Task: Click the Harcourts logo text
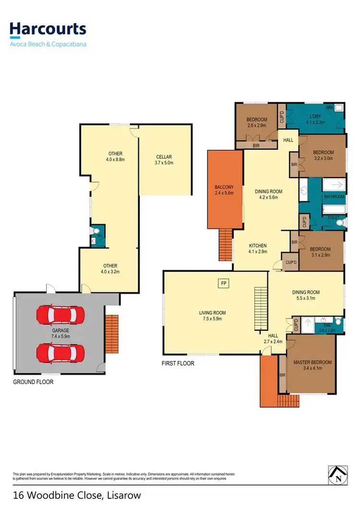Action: pos(48,30)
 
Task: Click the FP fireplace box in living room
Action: pos(223,283)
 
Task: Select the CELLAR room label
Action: pos(164,157)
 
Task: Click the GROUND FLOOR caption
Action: pos(34,382)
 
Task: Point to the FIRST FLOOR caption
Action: pos(178,364)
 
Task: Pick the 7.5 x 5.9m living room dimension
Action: pos(212,319)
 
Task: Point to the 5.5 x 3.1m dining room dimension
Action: pos(306,298)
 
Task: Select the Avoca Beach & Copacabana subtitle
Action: pos(48,44)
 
